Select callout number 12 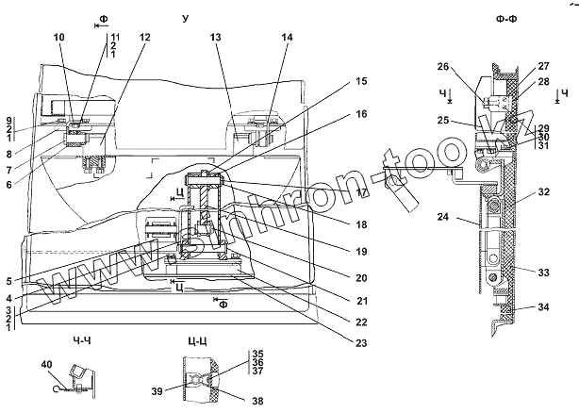pyautogui.click(x=145, y=38)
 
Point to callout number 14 pyautogui.click(x=287, y=38)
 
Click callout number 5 pyautogui.click(x=8, y=281)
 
